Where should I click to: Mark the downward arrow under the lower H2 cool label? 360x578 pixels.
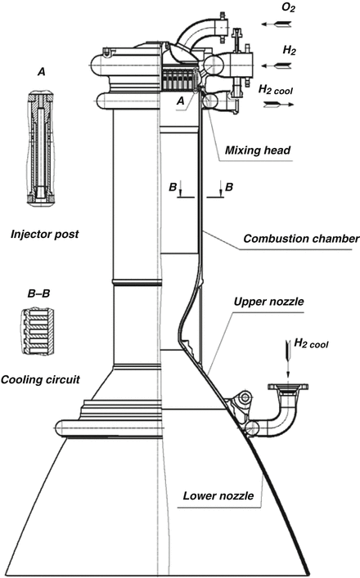[x=287, y=354]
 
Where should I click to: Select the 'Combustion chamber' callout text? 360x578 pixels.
[x=302, y=239]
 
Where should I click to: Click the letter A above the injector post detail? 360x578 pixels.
[x=40, y=73]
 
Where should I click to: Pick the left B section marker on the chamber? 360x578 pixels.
[x=179, y=187]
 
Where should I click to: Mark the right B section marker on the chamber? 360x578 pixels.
[x=229, y=187]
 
